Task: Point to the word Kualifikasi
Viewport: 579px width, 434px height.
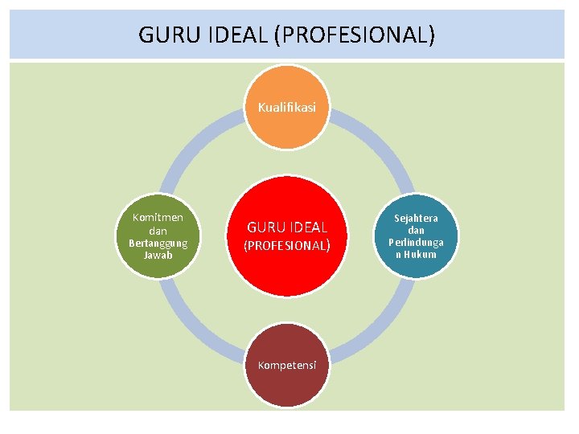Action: tap(287, 106)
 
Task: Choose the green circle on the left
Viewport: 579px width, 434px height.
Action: tap(158, 236)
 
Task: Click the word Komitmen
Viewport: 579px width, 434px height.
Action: tap(158, 217)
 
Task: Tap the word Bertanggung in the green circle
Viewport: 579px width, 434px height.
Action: tap(158, 243)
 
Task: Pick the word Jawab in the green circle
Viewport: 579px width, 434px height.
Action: tap(158, 256)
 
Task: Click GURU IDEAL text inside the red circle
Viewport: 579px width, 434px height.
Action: tap(287, 228)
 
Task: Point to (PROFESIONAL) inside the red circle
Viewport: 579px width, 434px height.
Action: tap(287, 245)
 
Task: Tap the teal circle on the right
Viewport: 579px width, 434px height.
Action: tap(416, 236)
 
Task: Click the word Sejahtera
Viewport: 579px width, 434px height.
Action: tap(416, 218)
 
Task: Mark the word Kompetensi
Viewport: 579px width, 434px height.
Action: tap(287, 365)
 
